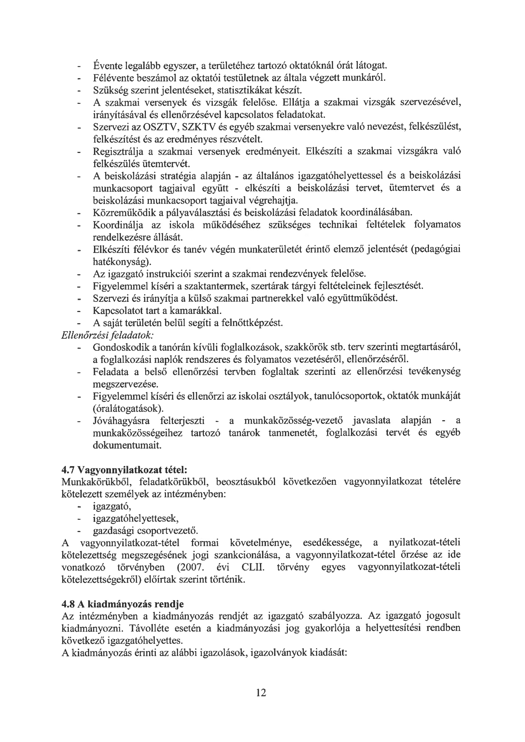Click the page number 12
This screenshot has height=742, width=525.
pos(261,692)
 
